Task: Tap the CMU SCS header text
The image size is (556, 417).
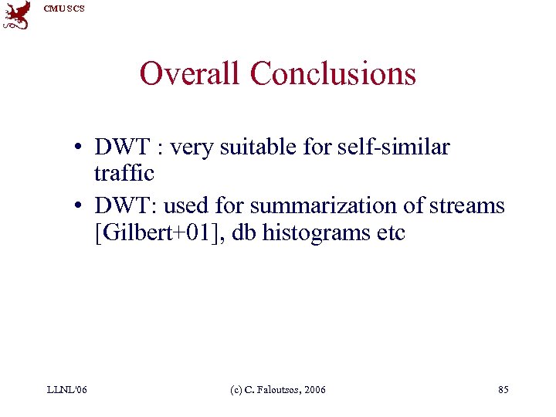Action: click(x=65, y=8)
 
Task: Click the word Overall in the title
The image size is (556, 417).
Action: click(x=191, y=74)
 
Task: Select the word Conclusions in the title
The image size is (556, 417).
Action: click(x=333, y=74)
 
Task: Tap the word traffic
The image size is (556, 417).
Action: click(x=124, y=173)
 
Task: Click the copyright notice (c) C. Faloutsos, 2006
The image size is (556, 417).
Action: click(x=278, y=390)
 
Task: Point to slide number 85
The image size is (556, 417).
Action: click(x=503, y=390)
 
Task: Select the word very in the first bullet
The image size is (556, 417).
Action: click(x=192, y=146)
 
